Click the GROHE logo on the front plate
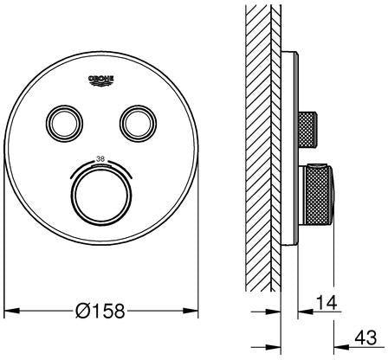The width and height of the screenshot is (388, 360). click(101, 80)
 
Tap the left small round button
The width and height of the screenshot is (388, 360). click(64, 124)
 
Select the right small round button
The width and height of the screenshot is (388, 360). click(139, 124)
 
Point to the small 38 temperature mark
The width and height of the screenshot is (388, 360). click(100, 158)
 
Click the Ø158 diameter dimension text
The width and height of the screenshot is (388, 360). click(100, 311)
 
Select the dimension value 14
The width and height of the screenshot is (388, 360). click(327, 303)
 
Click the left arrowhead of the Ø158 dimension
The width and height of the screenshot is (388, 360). click(12, 311)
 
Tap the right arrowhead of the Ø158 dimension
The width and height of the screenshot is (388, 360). click(191, 311)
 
